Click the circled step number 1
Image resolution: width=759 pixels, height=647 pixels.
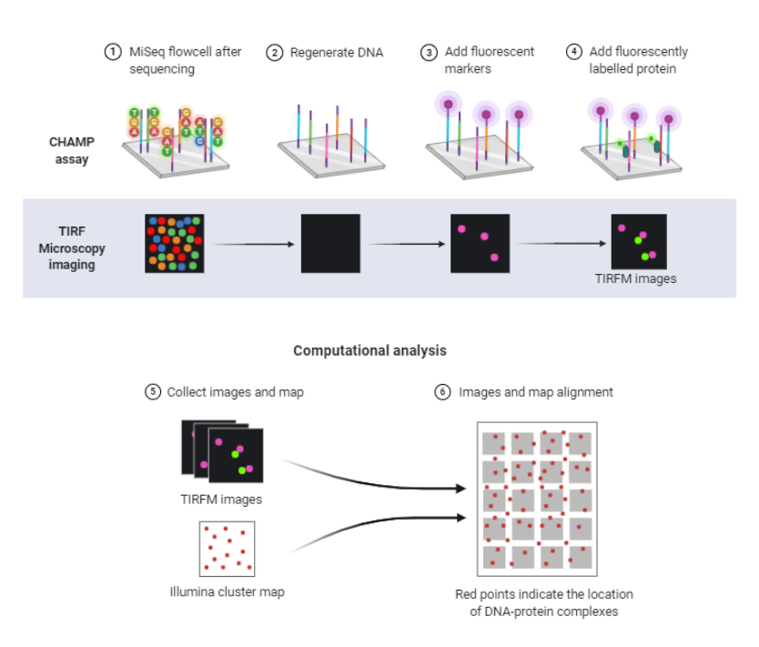(x=113, y=52)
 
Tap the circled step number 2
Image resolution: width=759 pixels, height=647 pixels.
(x=274, y=52)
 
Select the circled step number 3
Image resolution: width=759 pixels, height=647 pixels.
(x=429, y=52)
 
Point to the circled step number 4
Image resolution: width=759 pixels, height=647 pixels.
(x=573, y=52)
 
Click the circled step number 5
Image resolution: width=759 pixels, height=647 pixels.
(x=153, y=392)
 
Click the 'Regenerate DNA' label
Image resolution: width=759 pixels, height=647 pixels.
(x=337, y=53)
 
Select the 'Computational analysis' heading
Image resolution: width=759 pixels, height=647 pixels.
(x=369, y=350)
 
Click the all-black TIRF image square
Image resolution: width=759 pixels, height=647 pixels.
(x=330, y=244)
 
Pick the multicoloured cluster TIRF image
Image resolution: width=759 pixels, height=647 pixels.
(x=175, y=244)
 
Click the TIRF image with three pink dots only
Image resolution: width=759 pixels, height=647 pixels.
(x=480, y=244)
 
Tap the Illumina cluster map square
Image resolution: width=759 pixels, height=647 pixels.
(x=226, y=548)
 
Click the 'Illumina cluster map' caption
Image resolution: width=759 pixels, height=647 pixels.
(x=227, y=592)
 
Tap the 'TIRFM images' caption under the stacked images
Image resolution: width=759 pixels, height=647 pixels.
(x=221, y=500)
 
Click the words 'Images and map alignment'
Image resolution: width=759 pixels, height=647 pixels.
(x=536, y=392)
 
